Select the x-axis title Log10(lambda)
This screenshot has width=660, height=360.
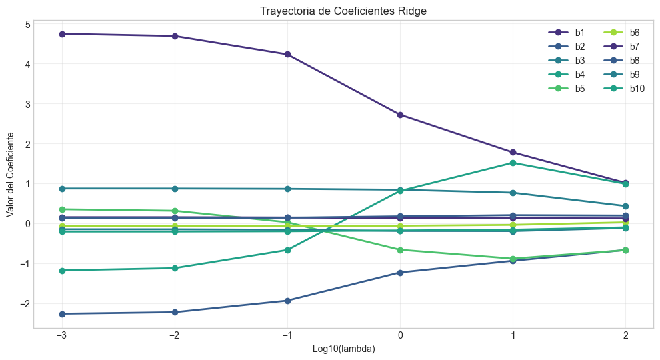tap(343, 349)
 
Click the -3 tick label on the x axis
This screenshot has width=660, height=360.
tap(62, 336)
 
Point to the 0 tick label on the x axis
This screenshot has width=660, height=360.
tap(400, 336)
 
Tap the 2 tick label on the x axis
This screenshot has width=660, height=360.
tap(625, 336)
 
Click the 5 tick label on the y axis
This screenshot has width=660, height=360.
tap(27, 25)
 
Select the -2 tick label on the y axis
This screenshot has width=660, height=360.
tap(25, 303)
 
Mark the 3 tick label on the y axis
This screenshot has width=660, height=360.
tap(27, 104)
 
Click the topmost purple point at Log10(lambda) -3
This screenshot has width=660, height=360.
tap(62, 34)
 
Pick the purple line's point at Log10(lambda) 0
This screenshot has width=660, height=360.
tap(400, 115)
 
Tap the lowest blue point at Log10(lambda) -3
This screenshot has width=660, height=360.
tap(62, 314)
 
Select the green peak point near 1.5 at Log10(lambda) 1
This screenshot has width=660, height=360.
tap(513, 163)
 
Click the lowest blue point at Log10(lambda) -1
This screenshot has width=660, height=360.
tap(287, 301)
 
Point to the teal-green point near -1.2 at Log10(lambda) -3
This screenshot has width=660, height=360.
tap(62, 271)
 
